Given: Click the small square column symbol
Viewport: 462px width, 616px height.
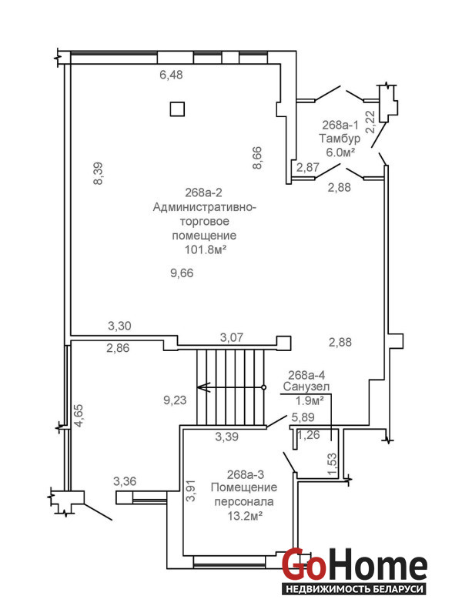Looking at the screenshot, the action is tap(177, 109).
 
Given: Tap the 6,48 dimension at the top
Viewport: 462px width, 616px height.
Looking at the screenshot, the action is tap(171, 75).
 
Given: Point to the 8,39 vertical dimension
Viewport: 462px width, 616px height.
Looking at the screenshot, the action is tap(99, 174).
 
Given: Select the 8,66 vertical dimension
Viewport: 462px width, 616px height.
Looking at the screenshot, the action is tap(257, 158).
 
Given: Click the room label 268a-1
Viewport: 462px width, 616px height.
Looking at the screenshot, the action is tap(340, 125).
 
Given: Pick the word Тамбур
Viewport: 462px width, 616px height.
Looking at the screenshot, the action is tap(340, 139).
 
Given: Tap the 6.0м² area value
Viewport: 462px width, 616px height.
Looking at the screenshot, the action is tap(340, 152).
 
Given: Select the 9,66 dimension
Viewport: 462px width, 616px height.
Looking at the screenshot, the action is tap(182, 273).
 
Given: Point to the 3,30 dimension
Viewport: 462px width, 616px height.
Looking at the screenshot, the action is tap(119, 326).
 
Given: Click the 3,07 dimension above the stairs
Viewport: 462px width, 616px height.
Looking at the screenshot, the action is tap(232, 337).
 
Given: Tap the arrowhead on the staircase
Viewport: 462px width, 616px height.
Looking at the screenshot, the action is tap(203, 387).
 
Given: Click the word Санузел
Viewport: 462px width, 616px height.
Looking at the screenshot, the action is tap(306, 387).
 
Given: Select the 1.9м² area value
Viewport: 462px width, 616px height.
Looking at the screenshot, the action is tap(310, 400).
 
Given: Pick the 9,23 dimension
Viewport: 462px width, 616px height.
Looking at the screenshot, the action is tap(175, 400).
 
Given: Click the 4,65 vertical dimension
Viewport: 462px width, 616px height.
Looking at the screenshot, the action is tap(79, 416).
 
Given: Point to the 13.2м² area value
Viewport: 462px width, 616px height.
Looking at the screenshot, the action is tap(245, 516).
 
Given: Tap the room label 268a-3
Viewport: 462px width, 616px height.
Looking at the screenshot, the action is tap(245, 474).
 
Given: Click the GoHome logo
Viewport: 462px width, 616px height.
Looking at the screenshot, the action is tap(354, 571).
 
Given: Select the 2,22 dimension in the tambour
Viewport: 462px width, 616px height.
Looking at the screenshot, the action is tap(370, 122).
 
